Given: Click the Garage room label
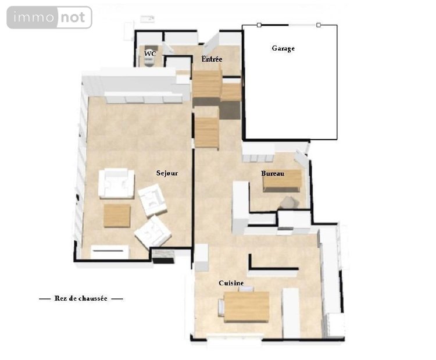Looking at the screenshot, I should click(x=283, y=48).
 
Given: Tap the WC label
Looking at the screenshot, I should click(x=150, y=54).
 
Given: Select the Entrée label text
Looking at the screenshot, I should click(x=212, y=59).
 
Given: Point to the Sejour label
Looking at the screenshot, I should click(x=167, y=173).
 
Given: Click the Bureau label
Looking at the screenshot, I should click(x=272, y=173).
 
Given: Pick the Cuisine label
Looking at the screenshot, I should click(x=231, y=283).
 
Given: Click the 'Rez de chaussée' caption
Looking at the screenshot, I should click(x=81, y=298).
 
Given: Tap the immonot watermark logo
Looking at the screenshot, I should click(x=49, y=17).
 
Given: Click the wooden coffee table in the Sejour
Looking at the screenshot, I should click(x=117, y=215).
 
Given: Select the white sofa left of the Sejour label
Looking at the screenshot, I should click(x=116, y=183).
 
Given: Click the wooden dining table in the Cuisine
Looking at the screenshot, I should click(x=246, y=306).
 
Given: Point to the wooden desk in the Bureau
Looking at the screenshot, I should click(x=282, y=181).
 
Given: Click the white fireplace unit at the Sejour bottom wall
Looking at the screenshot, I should click(x=110, y=252).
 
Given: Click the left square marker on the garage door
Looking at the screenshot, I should click(x=259, y=25).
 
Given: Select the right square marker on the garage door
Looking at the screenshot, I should click(x=319, y=25).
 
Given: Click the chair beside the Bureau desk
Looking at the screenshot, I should click(x=287, y=202).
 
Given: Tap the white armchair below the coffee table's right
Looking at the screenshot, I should click(x=153, y=231).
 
